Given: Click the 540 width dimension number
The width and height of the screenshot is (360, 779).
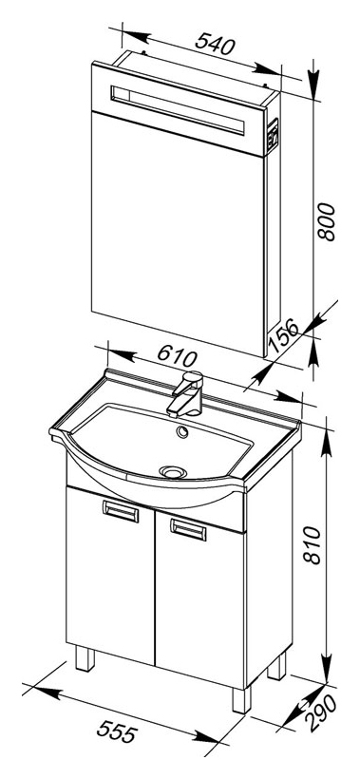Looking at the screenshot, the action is click(x=215, y=43).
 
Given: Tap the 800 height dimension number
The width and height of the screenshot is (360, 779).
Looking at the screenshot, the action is click(x=327, y=221).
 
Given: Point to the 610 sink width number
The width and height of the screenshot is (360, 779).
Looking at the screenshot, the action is click(x=178, y=354).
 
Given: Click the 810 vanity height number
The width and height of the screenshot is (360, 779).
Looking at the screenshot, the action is click(x=313, y=545).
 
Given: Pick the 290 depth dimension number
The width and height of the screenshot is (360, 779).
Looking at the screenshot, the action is click(x=322, y=712).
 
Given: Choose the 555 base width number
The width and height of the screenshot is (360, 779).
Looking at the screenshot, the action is click(x=117, y=731).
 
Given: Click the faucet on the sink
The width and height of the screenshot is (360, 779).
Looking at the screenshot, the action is click(x=186, y=393).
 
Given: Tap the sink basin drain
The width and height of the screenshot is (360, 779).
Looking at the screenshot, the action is click(x=172, y=471).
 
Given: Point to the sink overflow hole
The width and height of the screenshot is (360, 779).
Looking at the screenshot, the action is click(x=182, y=432).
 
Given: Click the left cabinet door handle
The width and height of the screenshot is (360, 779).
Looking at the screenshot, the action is click(x=121, y=511).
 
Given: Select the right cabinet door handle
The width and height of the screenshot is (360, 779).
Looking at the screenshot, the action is click(x=188, y=529).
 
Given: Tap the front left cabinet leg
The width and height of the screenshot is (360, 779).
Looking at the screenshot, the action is click(x=85, y=657).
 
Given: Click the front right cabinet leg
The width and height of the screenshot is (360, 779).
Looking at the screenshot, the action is click(x=241, y=699).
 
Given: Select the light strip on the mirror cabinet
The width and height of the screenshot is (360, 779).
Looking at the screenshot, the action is click(x=178, y=110).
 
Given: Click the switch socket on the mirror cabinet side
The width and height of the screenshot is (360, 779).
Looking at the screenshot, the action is click(x=272, y=134).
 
